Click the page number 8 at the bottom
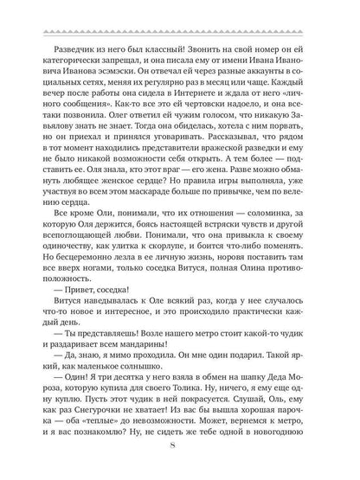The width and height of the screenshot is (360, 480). (180, 447)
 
